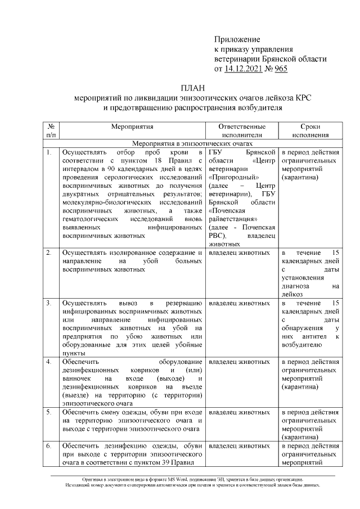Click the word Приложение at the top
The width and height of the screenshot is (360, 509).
pyautogui.click(x=237, y=39)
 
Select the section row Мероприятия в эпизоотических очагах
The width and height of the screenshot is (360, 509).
pyautogui.click(x=191, y=144)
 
